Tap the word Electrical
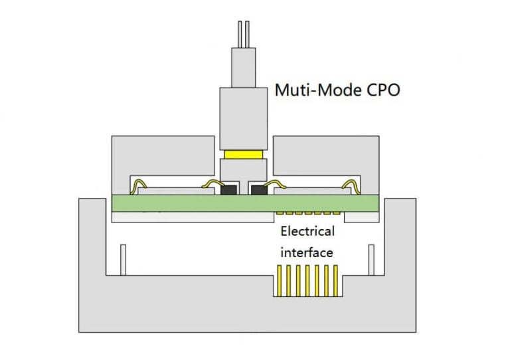pyautogui.click(x=307, y=232)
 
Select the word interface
pyautogui.click(x=307, y=252)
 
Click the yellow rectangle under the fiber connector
pyautogui.click(x=243, y=155)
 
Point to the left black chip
pyautogui.click(x=228, y=189)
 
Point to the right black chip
pyautogui.click(x=257, y=189)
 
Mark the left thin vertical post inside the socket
pyautogui.click(x=124, y=260)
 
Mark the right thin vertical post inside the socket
pyautogui.click(x=371, y=260)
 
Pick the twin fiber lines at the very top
pyautogui.click(x=243, y=35)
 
